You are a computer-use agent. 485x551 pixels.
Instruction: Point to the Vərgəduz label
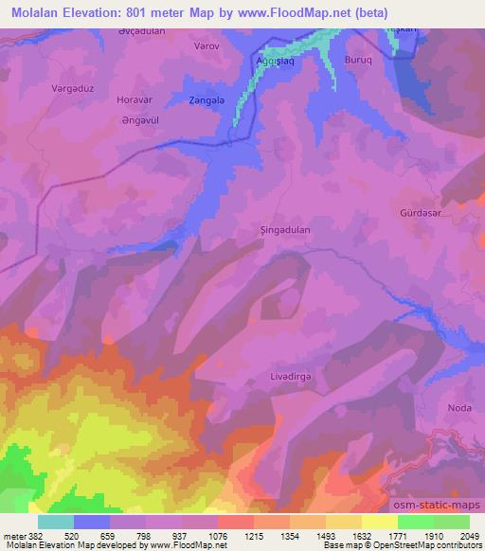71,88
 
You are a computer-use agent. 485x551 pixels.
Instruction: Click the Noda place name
459,408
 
